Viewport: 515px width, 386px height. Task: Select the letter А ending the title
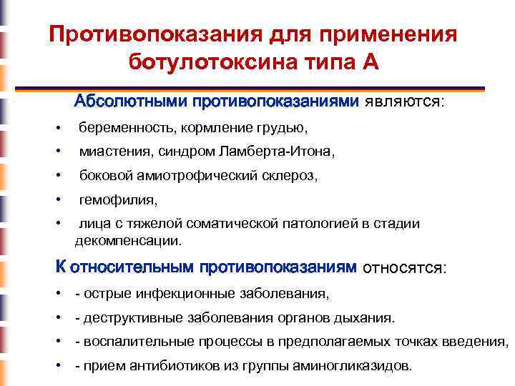point(370,62)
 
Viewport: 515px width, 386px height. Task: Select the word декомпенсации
point(129,240)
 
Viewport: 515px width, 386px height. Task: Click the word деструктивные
point(125,317)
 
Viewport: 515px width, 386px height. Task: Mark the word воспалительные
point(129,341)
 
